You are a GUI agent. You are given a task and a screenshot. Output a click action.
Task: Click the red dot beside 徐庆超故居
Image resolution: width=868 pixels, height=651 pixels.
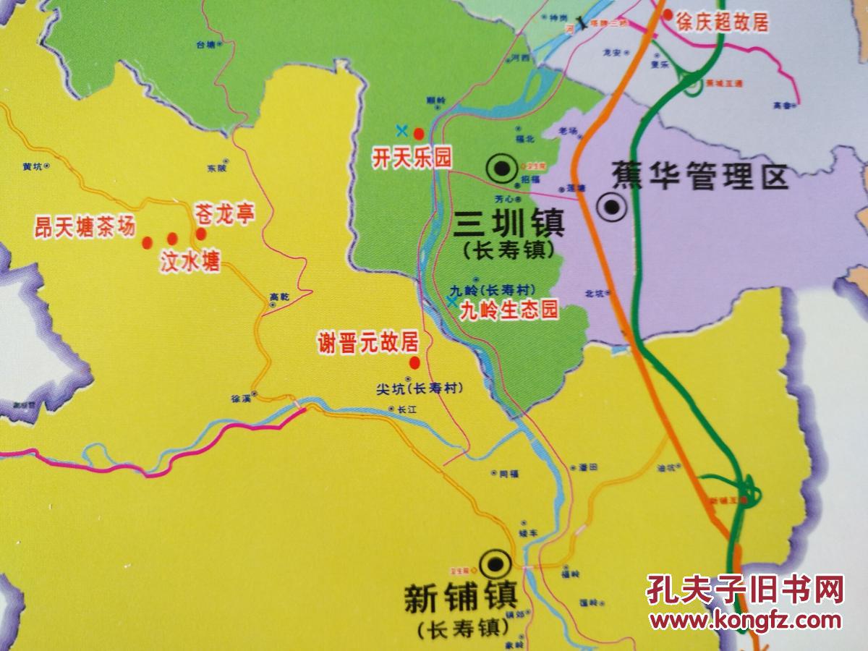667,14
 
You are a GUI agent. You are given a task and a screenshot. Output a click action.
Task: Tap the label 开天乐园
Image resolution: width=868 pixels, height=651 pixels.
403,158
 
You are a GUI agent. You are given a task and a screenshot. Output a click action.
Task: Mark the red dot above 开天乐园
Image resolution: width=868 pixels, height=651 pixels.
418,132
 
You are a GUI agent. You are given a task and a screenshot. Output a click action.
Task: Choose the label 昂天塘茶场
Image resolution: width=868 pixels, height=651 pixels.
85,226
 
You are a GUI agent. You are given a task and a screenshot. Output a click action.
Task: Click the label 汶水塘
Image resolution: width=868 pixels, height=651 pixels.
190,261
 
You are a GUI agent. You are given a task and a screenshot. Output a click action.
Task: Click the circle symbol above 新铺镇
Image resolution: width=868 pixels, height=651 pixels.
495,561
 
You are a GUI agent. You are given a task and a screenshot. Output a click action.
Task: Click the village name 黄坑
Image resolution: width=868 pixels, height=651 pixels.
33,166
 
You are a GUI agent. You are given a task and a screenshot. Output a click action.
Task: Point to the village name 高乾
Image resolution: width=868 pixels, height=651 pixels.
278,296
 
